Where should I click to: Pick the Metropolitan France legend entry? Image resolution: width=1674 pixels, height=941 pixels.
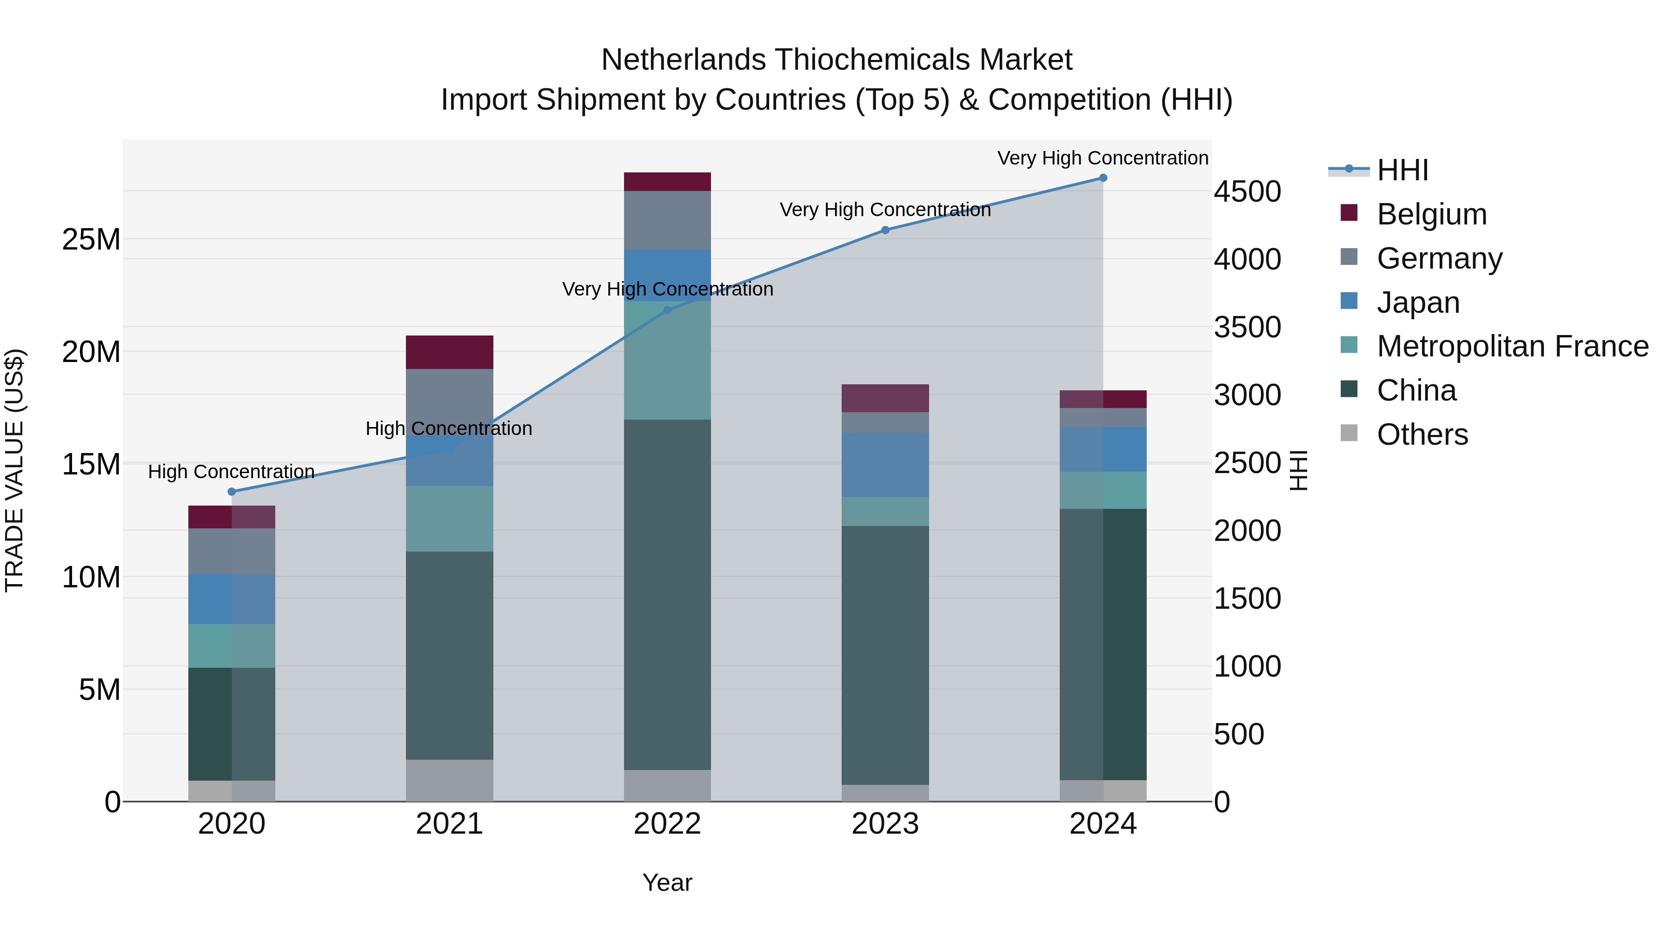coord(1512,347)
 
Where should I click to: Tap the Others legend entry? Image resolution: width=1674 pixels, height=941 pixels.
coord(1422,434)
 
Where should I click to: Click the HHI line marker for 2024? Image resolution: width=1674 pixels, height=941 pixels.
coord(1103,178)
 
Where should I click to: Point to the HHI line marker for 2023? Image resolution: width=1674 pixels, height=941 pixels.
coord(885,230)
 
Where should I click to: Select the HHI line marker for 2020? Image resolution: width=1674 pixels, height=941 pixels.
coord(232,492)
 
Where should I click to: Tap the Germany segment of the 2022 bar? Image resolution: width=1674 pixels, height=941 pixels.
coord(667,220)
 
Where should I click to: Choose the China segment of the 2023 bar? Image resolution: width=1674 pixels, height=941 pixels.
coord(885,655)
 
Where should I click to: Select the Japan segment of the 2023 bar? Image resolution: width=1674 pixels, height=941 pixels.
coord(885,465)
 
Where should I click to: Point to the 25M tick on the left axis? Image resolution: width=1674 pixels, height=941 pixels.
coord(91,240)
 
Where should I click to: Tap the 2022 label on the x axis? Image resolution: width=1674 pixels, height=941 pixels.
coord(667,824)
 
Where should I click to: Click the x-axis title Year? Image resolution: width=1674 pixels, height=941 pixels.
coord(667,882)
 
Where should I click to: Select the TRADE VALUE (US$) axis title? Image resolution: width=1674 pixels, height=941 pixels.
coord(14,470)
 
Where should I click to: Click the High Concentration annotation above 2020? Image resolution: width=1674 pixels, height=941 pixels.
coord(232,472)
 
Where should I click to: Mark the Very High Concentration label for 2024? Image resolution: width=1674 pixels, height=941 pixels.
coord(1103,158)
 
